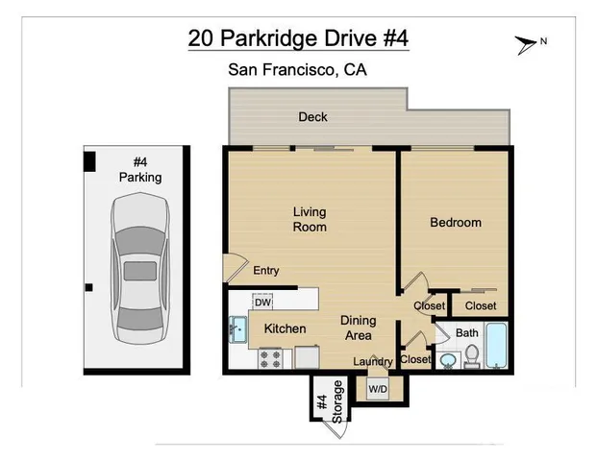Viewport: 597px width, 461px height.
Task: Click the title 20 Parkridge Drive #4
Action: (297, 39)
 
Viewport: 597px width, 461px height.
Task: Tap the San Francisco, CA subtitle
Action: (297, 69)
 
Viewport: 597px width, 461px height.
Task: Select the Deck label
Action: (312, 117)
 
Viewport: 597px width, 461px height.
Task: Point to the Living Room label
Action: (310, 219)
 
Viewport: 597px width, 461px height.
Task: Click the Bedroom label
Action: (455, 223)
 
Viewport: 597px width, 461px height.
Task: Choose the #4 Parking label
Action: (140, 170)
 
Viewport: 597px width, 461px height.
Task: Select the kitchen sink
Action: (237, 329)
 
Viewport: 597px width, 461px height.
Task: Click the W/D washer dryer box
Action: (378, 389)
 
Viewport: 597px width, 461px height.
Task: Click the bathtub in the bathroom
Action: (497, 346)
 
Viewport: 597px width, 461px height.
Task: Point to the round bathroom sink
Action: (447, 360)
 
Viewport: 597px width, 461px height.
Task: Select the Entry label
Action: (266, 271)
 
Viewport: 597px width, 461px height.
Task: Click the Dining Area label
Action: (358, 328)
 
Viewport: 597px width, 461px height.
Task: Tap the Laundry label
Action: (373, 362)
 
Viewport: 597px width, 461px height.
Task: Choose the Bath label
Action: (467, 333)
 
